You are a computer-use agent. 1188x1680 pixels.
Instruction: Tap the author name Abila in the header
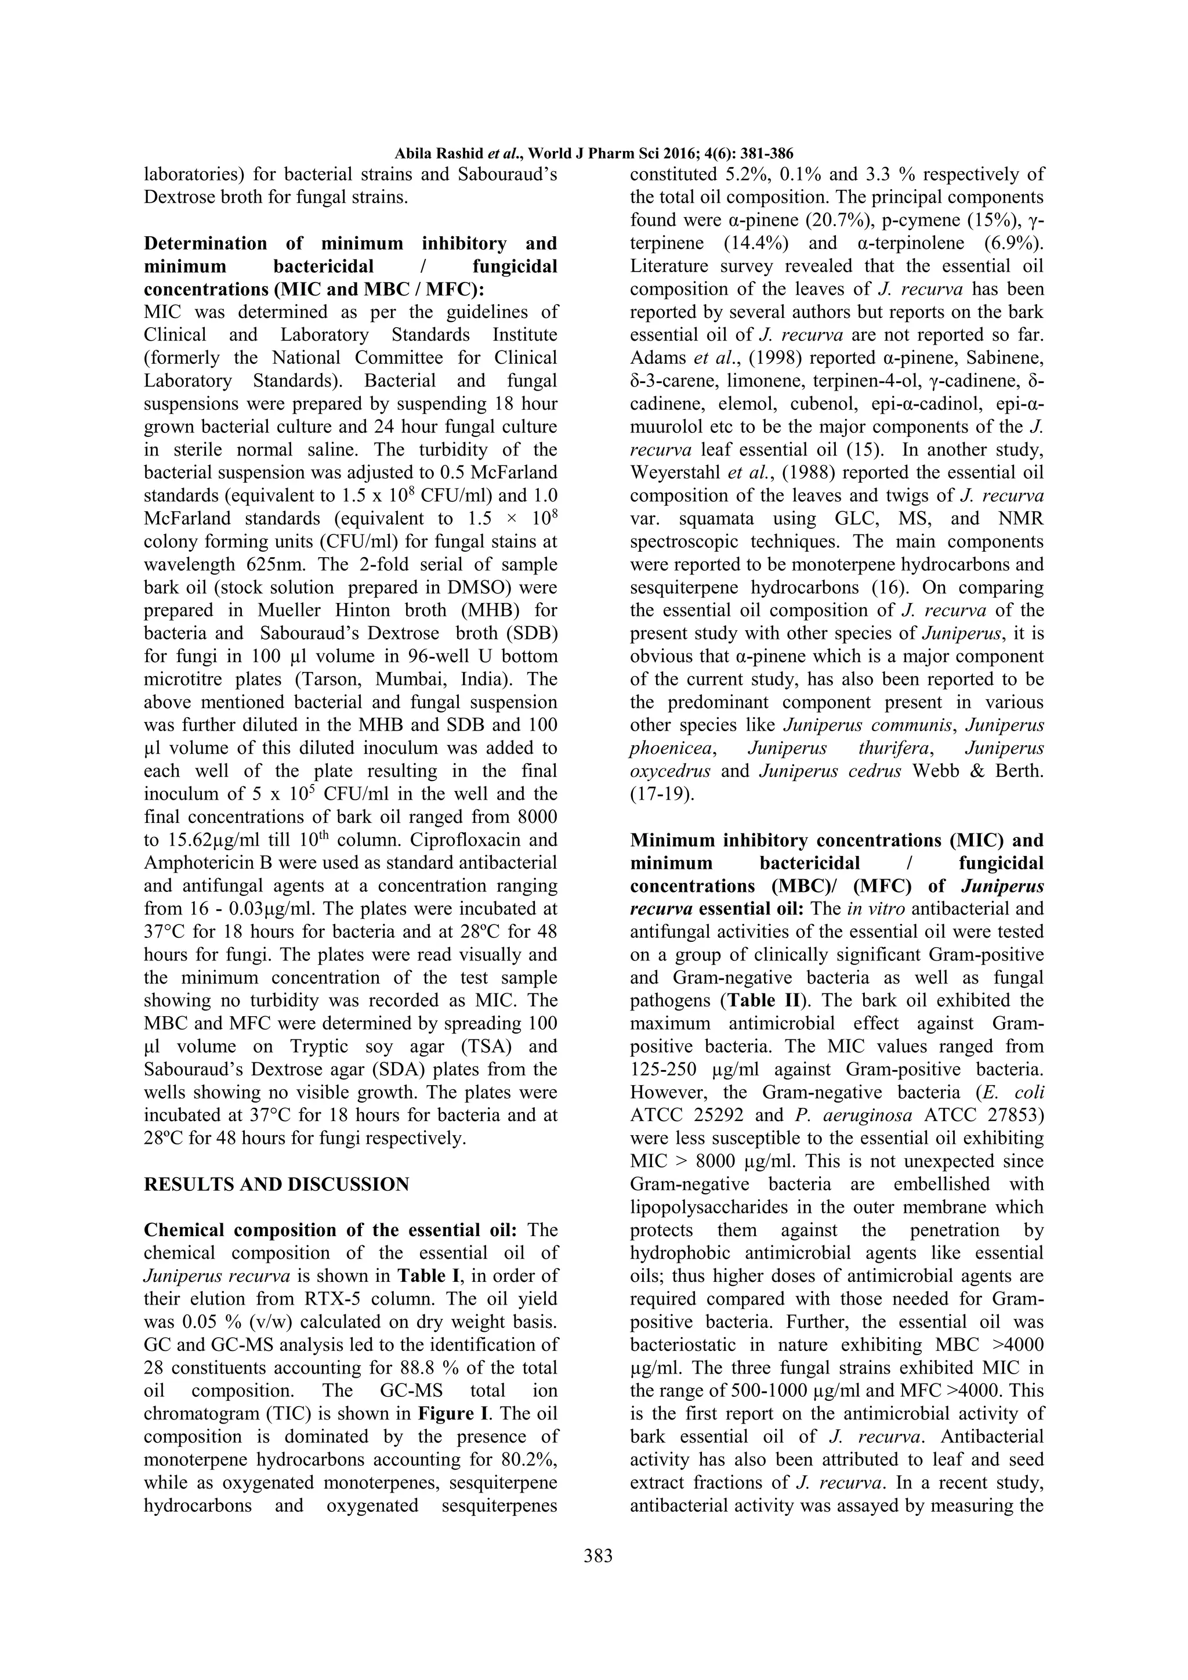412,154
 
